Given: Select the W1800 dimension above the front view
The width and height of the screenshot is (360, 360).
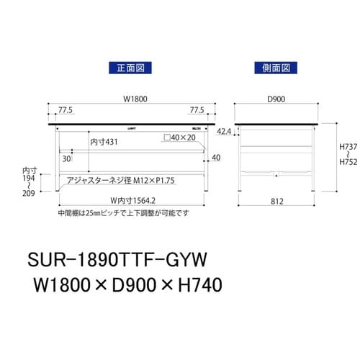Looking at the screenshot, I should pos(129,100).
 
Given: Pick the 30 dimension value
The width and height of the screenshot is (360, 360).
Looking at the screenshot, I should pos(66,158).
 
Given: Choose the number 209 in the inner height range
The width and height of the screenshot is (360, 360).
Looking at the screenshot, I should pos(29,194).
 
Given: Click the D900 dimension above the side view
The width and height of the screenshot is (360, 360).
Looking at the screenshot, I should pos(276,100).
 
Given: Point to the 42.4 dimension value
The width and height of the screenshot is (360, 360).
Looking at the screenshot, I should pos(224,132).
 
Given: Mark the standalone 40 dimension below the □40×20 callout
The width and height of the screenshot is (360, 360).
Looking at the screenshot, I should pos(217,158).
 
